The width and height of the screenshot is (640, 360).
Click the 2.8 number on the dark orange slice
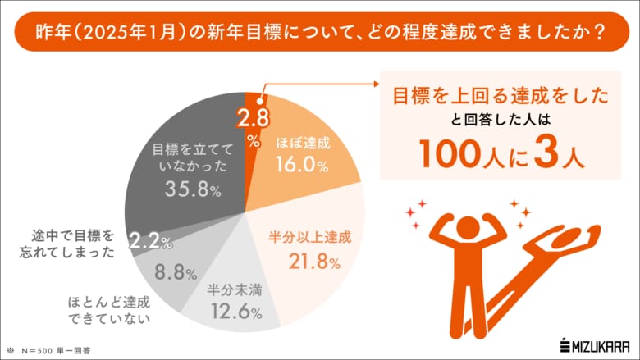point(251,118)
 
